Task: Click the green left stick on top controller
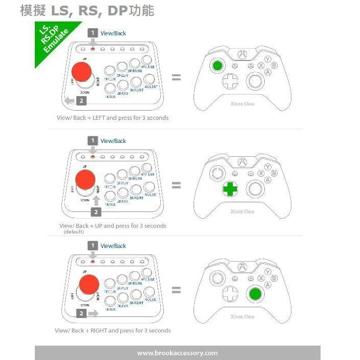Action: tap(218, 66)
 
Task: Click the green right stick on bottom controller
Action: tap(254, 294)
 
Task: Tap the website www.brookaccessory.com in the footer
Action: tap(177, 353)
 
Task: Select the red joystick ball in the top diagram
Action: tap(81, 73)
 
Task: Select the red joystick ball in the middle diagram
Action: tap(85, 180)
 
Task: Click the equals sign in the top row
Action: tap(176, 78)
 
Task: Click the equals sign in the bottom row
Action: tap(176, 290)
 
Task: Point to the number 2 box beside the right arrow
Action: tap(80, 312)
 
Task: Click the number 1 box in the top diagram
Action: tap(93, 33)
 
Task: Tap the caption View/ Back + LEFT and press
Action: tap(112, 118)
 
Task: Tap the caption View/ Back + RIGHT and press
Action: tap(113, 331)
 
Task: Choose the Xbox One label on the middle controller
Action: tap(242, 211)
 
